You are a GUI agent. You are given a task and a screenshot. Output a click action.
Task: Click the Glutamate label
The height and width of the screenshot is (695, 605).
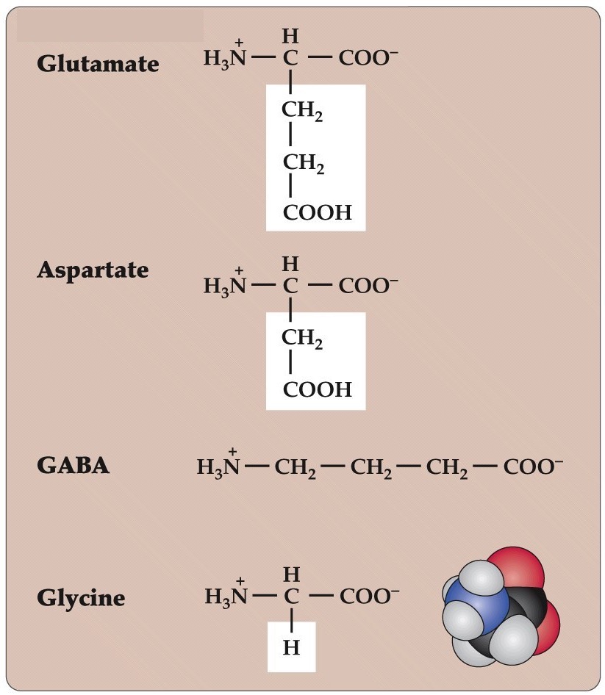[x=98, y=64]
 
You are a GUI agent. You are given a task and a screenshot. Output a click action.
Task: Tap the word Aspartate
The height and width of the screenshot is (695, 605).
[x=93, y=270]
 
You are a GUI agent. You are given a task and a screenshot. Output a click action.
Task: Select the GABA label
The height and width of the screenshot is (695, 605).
[x=74, y=466]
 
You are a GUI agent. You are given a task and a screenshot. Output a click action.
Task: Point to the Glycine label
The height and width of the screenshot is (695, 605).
[x=81, y=598]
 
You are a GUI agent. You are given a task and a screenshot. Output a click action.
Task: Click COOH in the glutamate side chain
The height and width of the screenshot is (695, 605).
[x=318, y=213]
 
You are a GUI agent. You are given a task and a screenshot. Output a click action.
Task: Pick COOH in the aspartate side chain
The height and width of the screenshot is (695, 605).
[x=318, y=389]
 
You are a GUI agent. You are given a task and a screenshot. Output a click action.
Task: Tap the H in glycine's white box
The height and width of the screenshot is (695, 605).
[x=291, y=647]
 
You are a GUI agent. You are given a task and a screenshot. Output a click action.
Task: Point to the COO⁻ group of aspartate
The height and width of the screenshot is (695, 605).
[x=368, y=286]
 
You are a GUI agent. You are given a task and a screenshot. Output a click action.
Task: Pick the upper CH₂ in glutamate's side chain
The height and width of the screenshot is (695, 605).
[x=302, y=112]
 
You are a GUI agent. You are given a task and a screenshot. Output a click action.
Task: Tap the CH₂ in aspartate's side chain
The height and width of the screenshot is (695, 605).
[x=302, y=339]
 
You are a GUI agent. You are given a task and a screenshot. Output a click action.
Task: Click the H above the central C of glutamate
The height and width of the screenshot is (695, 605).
[x=291, y=35]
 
